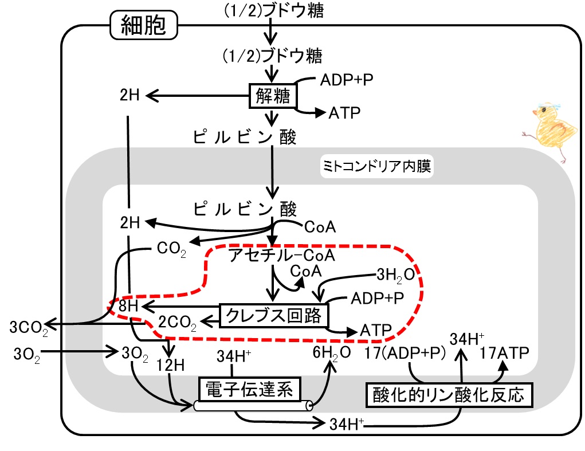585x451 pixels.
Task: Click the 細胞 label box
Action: pos(144,25)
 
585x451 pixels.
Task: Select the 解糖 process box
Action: pos(273,96)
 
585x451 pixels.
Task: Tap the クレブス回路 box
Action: pos(273,316)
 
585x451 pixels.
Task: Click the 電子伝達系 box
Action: pos(249,389)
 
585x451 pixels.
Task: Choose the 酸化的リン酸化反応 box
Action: pos(449,395)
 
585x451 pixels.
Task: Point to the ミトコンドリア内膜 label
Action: pos(377,166)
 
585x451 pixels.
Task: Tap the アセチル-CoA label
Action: pos(282,256)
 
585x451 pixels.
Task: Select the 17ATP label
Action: pos(504,352)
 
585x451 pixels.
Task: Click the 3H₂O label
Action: pos(395,275)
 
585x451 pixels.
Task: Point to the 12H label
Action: pos(171,365)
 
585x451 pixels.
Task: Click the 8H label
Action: pos(128,306)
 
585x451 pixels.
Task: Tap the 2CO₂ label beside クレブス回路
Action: pos(177,323)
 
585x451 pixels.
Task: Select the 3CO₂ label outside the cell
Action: pos(29,328)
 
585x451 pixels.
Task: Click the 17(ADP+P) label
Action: pos(405,353)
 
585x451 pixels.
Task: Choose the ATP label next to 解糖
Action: pos(344,113)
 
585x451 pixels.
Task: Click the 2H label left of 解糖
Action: pos(129,95)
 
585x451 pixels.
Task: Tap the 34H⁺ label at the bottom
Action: pos(347,424)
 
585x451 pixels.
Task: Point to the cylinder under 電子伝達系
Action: pos(253,406)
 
